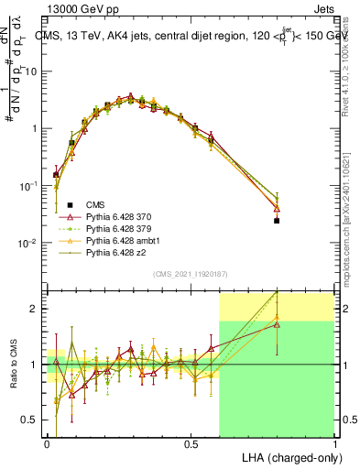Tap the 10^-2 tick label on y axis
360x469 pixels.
30,243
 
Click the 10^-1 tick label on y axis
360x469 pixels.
30,186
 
